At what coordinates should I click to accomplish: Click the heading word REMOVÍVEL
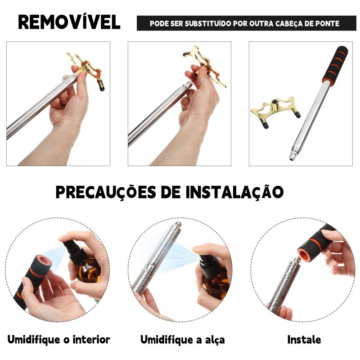69,22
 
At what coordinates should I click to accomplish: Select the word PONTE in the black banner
328,23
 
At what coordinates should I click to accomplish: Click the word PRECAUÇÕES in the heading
106,192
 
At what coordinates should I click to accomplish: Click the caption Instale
304,340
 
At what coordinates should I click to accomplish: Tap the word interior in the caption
91,340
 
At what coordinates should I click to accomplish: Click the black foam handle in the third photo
336,65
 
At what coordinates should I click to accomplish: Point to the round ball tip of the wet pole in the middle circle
178,224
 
